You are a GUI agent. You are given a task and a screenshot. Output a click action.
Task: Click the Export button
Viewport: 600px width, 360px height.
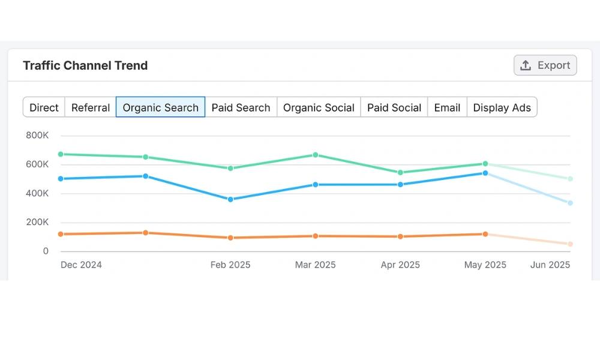pos(545,65)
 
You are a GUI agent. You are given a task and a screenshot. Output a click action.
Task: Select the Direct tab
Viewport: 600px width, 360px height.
pos(44,107)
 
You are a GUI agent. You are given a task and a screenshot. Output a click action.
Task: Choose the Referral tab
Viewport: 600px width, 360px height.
pos(90,107)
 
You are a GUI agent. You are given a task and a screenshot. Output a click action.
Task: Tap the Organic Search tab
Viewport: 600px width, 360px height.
pos(160,107)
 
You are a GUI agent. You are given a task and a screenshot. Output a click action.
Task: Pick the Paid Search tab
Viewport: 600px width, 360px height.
pos(241,107)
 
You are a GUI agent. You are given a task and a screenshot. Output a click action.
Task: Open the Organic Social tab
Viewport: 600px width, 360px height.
pos(319,107)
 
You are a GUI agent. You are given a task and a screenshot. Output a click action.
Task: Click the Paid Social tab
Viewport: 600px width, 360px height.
pos(394,107)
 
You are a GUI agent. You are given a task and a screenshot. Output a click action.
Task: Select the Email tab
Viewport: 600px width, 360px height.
pos(447,107)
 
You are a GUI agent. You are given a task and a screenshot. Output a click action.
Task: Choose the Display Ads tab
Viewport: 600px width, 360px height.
pos(502,107)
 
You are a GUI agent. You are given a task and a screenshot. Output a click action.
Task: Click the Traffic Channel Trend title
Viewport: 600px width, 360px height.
pos(85,65)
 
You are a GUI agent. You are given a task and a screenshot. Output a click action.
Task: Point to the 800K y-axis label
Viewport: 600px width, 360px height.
pos(37,136)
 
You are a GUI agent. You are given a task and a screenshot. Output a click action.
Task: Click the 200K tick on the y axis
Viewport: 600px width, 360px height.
pos(37,222)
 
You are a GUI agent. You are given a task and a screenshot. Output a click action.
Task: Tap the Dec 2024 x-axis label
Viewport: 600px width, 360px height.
pos(81,265)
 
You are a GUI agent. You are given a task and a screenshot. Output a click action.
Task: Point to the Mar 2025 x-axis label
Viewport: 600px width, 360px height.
pos(315,265)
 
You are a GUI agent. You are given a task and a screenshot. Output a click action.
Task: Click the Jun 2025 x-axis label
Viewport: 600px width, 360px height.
pos(550,265)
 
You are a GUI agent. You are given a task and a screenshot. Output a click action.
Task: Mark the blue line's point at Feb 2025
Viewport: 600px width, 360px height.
pos(230,199)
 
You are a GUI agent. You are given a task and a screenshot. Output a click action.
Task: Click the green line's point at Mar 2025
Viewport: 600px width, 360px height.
pos(315,155)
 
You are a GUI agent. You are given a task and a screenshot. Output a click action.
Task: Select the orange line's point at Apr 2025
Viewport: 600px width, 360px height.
pos(400,236)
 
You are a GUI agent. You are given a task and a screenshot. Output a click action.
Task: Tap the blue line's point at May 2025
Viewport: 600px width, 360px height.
pos(485,173)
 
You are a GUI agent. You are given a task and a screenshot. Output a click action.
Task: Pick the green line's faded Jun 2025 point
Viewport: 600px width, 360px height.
pos(570,179)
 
